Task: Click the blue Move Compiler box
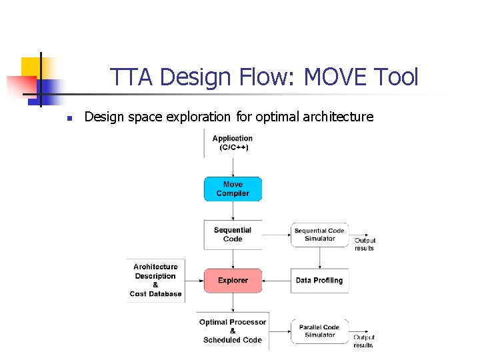233,189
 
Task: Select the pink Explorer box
233,281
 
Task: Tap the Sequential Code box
233,235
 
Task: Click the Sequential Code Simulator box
319,235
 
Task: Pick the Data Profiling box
319,281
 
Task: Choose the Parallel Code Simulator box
319,331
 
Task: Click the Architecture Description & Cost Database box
155,281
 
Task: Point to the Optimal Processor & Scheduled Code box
233,331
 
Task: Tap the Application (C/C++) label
233,143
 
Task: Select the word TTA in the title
132,77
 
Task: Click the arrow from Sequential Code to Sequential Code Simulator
276,235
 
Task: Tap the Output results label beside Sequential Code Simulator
365,245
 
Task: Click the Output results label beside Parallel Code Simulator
363,341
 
